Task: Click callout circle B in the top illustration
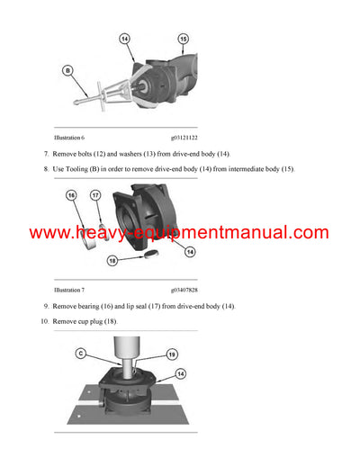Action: tap(68, 69)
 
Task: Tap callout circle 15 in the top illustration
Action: tap(184, 39)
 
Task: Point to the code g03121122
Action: tap(188, 138)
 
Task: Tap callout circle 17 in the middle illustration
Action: tap(94, 195)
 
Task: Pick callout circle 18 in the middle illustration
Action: tap(112, 260)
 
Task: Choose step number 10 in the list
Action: tap(45, 321)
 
